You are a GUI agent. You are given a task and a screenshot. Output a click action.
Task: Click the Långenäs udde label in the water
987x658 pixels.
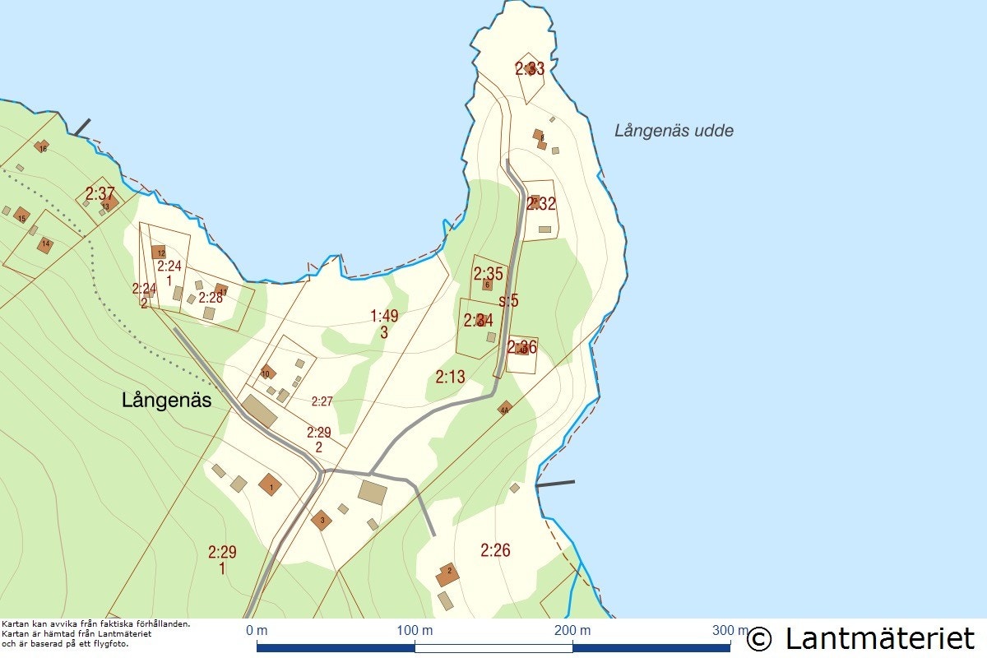[674, 131]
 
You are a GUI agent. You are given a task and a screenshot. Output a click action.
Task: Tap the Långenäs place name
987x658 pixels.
[167, 401]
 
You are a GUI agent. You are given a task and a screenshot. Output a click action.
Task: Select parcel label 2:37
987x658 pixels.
[100, 194]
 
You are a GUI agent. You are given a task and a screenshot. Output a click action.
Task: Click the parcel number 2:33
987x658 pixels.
[530, 69]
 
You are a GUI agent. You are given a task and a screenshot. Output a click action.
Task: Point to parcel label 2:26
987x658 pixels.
[495, 550]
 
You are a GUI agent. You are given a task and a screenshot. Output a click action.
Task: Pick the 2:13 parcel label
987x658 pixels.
[450, 378]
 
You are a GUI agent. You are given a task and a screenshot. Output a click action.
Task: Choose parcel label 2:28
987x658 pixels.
[211, 298]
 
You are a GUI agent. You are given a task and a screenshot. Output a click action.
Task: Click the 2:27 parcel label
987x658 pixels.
[322, 401]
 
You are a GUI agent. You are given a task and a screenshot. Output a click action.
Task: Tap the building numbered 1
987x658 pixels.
[270, 485]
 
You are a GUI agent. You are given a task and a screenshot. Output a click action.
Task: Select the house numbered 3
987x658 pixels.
[322, 520]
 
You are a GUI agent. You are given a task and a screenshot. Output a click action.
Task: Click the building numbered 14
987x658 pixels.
[44, 244]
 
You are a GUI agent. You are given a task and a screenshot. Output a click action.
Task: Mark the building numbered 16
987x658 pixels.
[42, 147]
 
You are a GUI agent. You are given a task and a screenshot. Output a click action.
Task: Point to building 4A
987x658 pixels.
[505, 407]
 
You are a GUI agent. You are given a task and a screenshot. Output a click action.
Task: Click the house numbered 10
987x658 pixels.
[266, 373]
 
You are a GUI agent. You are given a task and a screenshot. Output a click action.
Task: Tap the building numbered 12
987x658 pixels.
[160, 253]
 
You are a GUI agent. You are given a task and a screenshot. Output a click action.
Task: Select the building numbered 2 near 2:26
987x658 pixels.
[447, 573]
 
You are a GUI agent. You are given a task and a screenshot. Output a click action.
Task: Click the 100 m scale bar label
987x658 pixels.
[415, 630]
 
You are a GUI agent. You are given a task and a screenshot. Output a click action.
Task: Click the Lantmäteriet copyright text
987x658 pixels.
[861, 638]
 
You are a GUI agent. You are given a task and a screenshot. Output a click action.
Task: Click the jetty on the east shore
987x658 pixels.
[555, 484]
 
